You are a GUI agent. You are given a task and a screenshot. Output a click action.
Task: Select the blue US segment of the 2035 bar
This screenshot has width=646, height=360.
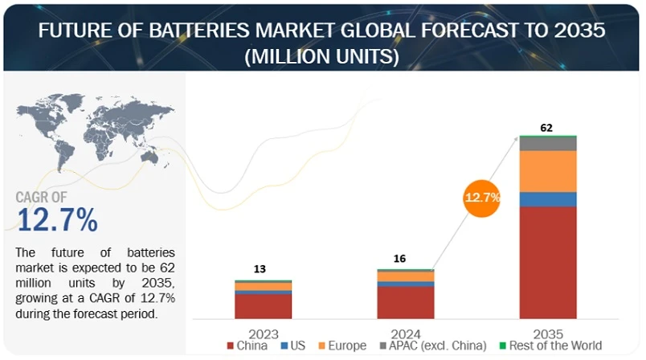coord(548,199)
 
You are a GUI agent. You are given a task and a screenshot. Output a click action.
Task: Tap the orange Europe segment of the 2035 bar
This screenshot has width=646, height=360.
coord(548,171)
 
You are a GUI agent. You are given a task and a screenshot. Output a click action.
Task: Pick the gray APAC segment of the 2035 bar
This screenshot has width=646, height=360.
coord(548,144)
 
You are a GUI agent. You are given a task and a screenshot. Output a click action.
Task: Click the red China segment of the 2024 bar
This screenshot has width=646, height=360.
coord(406,302)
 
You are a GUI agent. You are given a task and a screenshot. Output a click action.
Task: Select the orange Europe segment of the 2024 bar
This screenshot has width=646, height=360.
coord(406,276)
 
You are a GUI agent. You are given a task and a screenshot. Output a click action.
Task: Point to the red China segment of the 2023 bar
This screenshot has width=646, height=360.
coord(263,306)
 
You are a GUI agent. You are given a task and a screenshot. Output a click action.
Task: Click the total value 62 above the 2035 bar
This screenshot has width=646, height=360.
coord(548,127)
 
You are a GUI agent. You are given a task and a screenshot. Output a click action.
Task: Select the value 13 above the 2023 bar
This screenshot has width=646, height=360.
coord(260,269)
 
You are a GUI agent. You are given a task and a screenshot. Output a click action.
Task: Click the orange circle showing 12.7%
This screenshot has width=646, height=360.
coord(482,196)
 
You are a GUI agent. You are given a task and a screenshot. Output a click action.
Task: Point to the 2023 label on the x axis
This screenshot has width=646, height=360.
coord(263,333)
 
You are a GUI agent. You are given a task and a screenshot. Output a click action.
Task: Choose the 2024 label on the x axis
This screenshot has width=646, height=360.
coord(406,333)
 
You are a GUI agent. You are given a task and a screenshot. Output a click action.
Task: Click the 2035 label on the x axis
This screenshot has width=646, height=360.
coord(548,333)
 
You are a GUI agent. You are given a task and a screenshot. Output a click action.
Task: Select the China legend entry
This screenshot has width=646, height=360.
coord(251,346)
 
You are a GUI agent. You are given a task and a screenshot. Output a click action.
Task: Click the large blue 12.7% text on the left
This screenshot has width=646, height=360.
coord(57,219)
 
